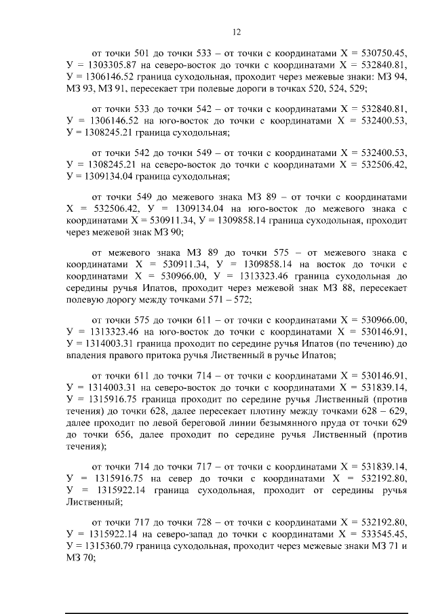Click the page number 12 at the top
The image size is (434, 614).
[237, 31]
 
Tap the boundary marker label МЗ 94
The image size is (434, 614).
[393, 78]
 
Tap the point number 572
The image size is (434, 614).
[239, 300]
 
